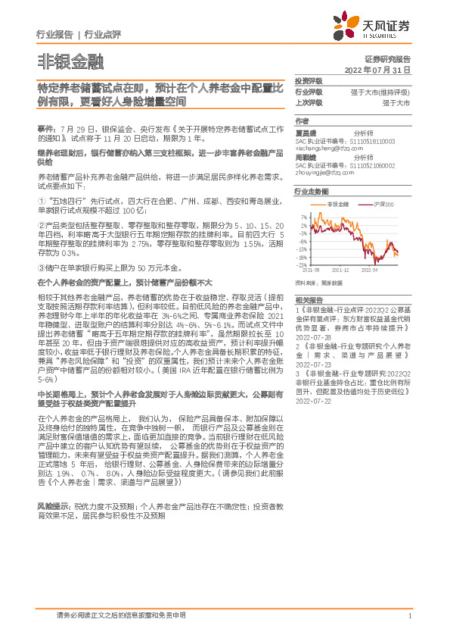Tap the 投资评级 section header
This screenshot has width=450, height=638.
click(x=309, y=80)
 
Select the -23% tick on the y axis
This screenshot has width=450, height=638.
click(x=303, y=265)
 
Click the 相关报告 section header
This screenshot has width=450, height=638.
click(x=309, y=301)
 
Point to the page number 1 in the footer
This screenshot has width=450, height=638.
click(x=408, y=615)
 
